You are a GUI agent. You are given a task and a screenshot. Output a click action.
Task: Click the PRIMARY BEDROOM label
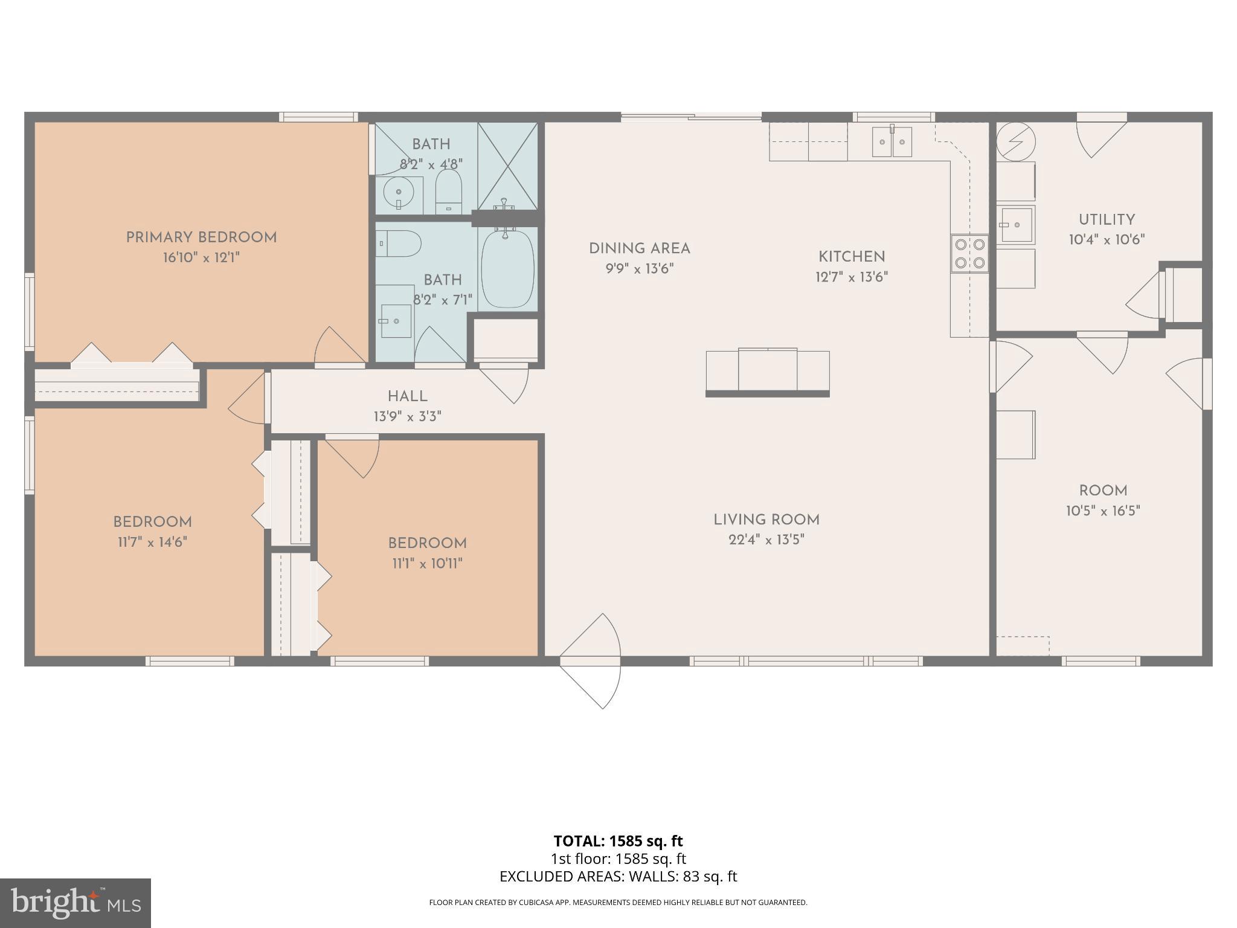201,237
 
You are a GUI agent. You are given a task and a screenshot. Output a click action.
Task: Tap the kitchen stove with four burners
969,254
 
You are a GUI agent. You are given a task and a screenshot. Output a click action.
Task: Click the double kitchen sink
892,142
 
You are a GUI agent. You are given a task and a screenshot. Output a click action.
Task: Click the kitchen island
768,372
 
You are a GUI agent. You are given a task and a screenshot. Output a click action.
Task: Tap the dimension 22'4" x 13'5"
766,540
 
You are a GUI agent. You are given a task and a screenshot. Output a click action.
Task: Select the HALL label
408,396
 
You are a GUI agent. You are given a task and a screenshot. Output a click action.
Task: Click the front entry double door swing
591,661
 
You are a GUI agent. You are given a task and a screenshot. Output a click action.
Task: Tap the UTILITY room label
1107,220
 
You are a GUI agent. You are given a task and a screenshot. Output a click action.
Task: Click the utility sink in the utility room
1015,225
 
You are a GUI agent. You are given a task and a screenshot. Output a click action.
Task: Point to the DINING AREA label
639,248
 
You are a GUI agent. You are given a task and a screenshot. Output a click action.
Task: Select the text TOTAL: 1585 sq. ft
618,841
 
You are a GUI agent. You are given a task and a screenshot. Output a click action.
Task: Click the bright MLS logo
75,903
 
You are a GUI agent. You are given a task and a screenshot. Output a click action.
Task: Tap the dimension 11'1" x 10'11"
427,564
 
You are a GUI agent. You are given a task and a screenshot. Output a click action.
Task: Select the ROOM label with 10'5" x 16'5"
1103,491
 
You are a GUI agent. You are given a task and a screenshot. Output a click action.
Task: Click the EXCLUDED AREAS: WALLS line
618,877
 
